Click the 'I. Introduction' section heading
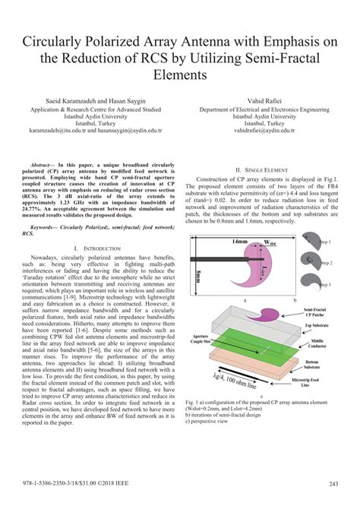tap(97, 248)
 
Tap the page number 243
tap(333, 483)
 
